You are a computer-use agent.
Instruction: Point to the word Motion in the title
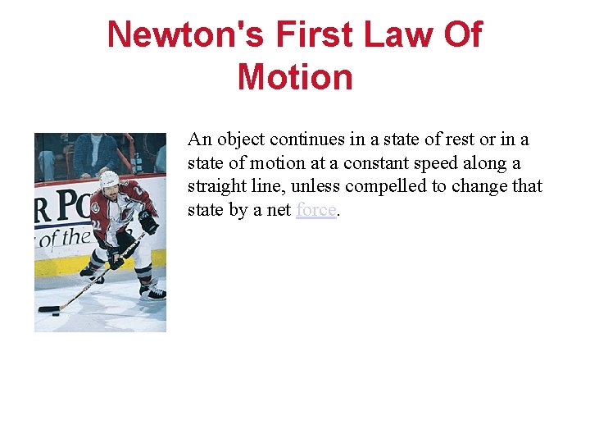(x=295, y=77)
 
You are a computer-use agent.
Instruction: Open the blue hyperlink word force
(x=316, y=210)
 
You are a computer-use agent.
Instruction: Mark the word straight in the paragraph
(x=215, y=186)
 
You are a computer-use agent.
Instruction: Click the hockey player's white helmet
(x=109, y=178)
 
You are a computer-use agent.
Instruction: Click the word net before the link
(x=278, y=210)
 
